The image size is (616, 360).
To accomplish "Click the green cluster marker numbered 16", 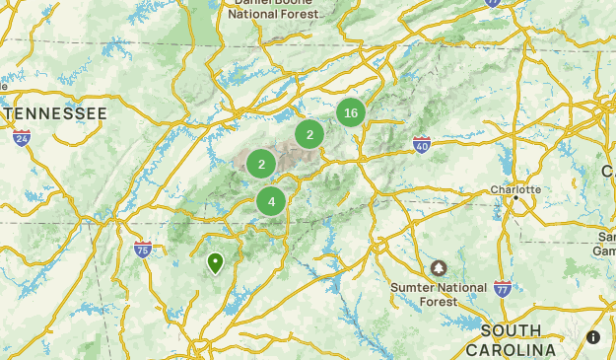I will (x=350, y=113).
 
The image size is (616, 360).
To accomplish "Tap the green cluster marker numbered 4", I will (x=271, y=201).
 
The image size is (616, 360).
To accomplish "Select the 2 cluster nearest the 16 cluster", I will (x=309, y=135).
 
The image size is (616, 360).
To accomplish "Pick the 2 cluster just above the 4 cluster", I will (x=261, y=165).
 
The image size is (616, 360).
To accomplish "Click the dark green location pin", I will (x=215, y=263).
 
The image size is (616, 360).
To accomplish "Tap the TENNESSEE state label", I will (x=55, y=114).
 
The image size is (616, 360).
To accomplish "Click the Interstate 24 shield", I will (x=22, y=138).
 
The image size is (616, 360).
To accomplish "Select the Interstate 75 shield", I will (x=143, y=249).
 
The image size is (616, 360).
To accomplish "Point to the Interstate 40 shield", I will (x=422, y=145).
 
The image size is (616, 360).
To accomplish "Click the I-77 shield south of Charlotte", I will (x=503, y=288).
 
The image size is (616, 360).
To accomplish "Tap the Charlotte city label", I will (x=515, y=189).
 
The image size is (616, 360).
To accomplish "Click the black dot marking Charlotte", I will (x=515, y=199).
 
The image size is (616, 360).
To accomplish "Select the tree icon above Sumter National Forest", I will (x=439, y=268).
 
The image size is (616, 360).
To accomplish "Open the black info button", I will (x=593, y=337).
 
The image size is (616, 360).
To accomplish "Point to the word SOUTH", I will (x=513, y=330).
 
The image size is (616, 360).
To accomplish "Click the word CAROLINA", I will (x=511, y=349).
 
